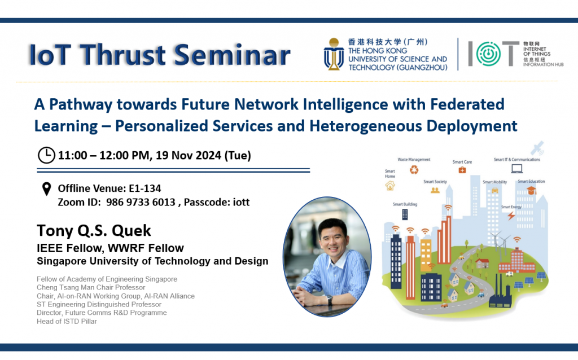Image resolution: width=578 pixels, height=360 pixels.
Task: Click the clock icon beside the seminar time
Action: [x=46, y=155]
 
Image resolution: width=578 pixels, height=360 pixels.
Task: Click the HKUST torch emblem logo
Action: [x=334, y=54]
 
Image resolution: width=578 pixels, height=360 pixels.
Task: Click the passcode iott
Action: [x=239, y=202]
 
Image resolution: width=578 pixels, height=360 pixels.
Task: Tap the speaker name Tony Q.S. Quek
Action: [x=94, y=230]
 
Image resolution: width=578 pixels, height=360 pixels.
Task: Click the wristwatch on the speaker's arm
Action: [x=329, y=300]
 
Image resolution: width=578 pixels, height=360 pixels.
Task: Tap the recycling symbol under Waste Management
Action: [x=414, y=170]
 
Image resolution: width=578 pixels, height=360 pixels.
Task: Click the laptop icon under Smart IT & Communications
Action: [x=516, y=168]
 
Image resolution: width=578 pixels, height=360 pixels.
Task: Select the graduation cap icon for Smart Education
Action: [x=531, y=191]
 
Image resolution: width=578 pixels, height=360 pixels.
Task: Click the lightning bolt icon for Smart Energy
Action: [x=511, y=216]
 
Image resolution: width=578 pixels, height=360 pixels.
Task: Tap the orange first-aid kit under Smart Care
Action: [x=462, y=170]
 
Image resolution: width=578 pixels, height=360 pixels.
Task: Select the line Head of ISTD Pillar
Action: [x=66, y=321]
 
